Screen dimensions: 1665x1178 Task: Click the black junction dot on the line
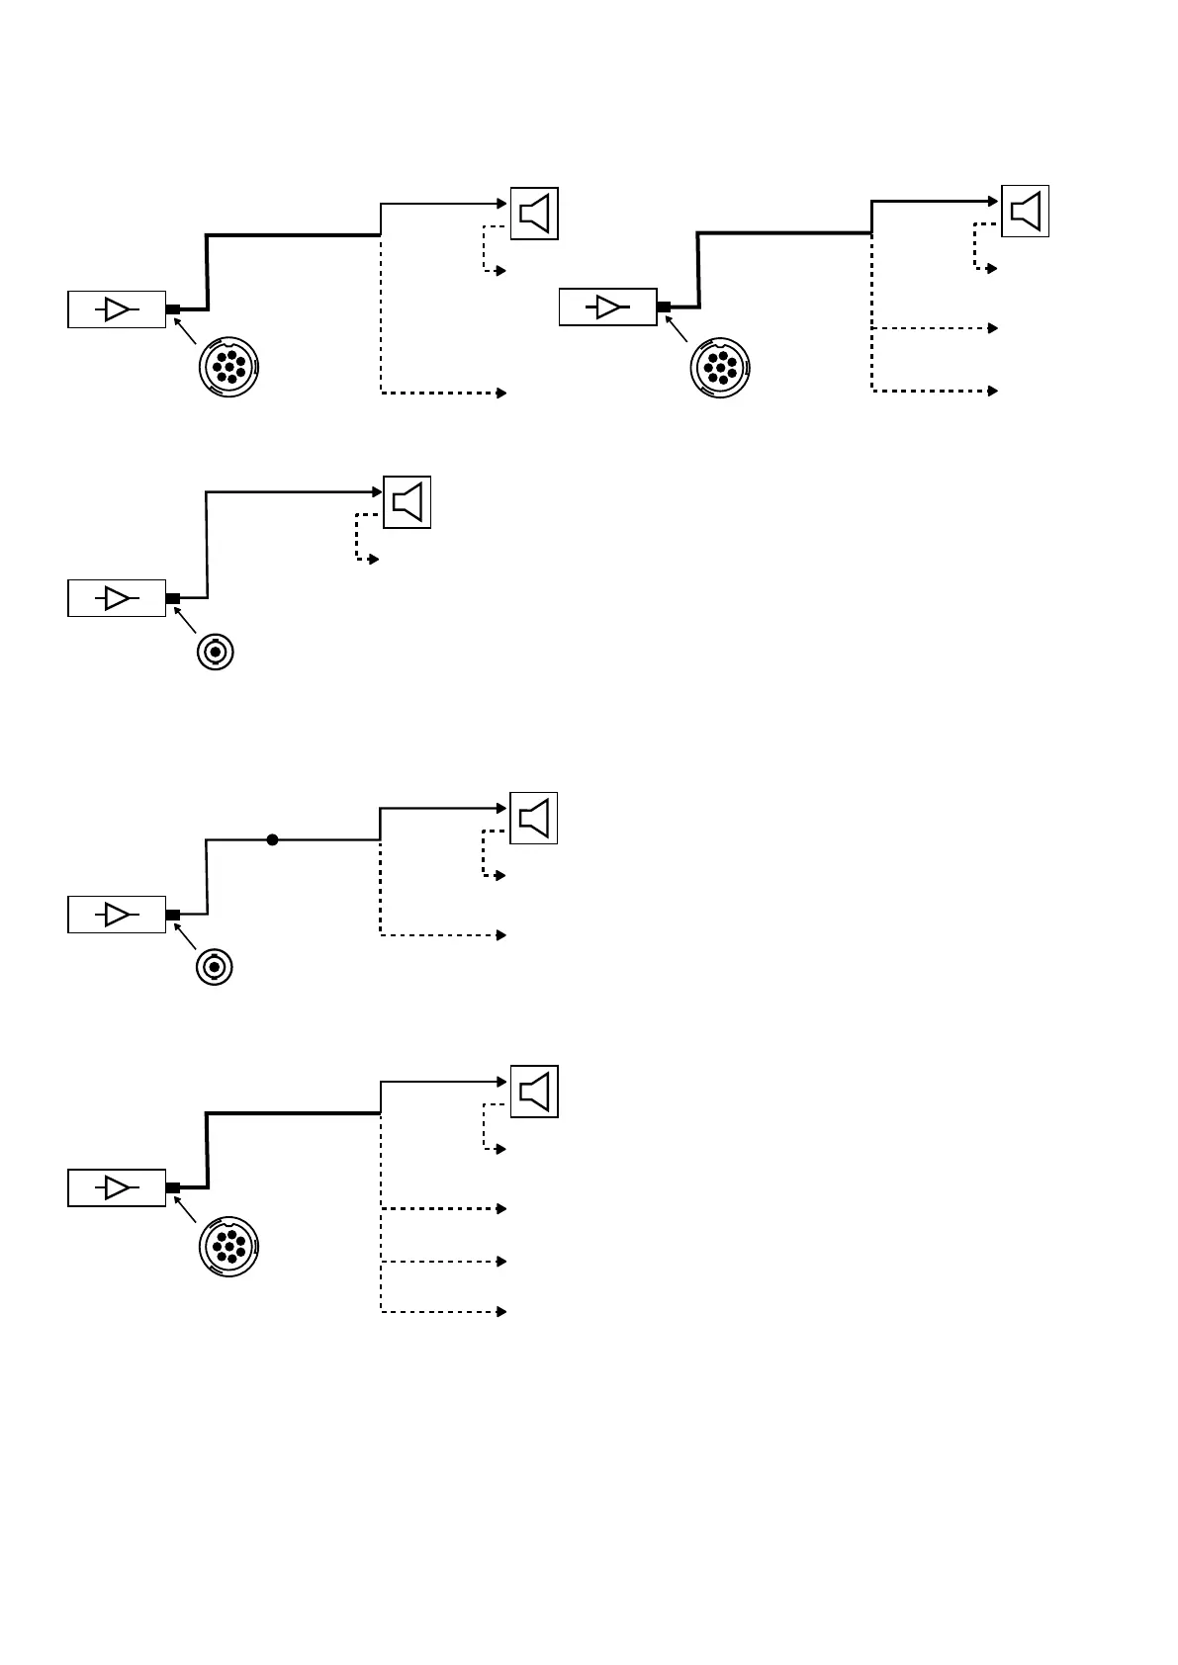coord(272,840)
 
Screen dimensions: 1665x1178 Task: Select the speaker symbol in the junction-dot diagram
coord(534,818)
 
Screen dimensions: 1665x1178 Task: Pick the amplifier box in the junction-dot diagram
coord(117,915)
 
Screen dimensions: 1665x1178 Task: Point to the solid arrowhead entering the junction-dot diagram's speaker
coord(503,808)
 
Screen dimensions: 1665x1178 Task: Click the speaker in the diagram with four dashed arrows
coord(534,1092)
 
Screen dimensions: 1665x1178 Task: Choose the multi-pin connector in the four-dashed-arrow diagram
coord(228,1249)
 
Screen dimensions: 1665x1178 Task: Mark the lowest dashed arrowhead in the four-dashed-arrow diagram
coord(502,1312)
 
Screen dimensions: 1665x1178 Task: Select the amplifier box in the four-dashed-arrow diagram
coord(117,1187)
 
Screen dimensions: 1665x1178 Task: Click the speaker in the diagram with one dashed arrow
coord(408,502)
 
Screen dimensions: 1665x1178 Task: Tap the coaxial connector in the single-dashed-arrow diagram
coord(215,653)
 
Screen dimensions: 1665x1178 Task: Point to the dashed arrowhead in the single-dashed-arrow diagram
coord(374,560)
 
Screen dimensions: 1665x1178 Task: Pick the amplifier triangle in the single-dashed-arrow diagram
coord(117,598)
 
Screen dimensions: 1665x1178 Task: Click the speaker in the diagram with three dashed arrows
coord(1026,211)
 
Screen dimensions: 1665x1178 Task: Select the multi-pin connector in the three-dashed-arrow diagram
coord(720,367)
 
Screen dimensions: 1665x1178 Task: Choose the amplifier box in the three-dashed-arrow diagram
coord(607,307)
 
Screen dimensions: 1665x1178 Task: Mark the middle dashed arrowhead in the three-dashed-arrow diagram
coord(993,327)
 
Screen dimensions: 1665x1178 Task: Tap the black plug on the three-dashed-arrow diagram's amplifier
coord(664,307)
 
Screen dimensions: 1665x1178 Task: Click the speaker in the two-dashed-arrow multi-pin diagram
coord(534,213)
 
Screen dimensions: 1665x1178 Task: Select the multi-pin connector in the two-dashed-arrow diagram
coord(228,369)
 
